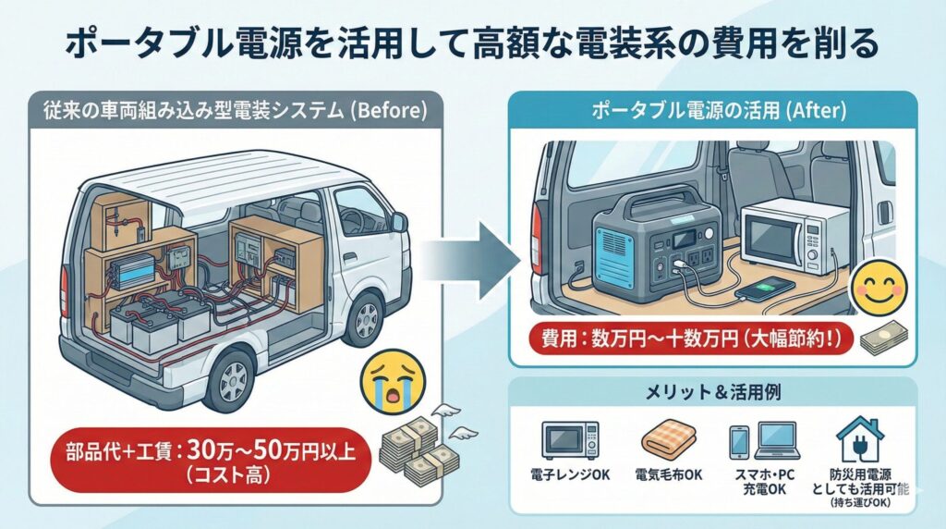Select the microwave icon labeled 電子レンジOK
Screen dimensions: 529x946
[x=569, y=441]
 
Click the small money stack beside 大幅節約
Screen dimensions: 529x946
[x=885, y=340]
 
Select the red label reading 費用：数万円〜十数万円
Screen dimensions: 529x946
[x=687, y=338]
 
